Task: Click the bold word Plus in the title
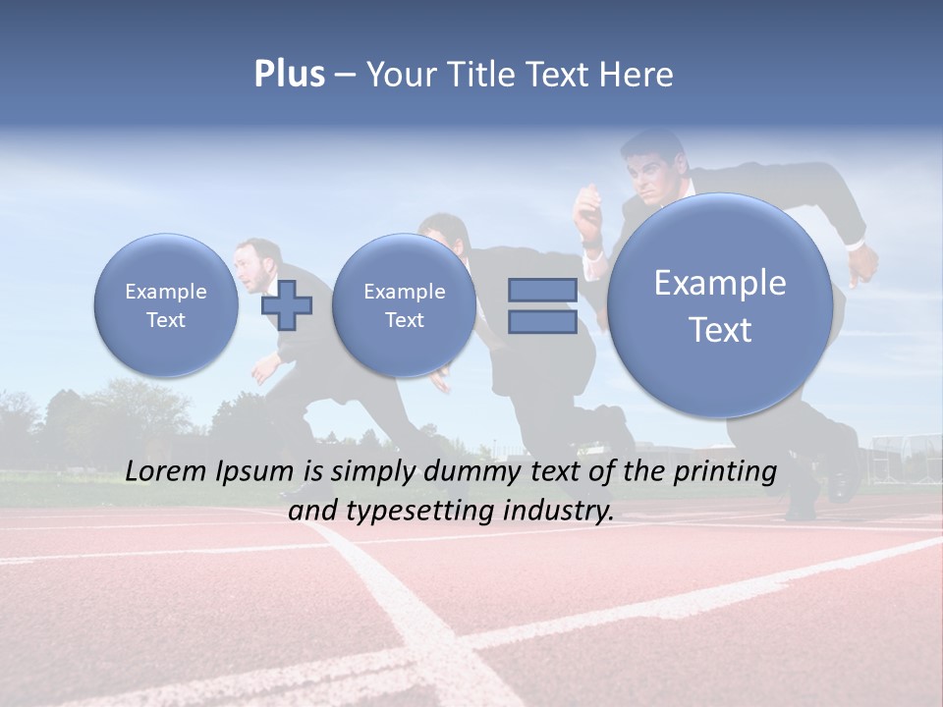tap(289, 75)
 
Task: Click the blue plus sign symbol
tap(287, 304)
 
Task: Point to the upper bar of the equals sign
tap(542, 290)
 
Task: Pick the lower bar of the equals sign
tap(542, 322)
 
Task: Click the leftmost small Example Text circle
tap(166, 305)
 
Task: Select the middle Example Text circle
tap(404, 305)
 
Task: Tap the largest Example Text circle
tap(720, 305)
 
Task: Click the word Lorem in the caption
tap(167, 471)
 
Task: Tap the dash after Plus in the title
tap(345, 76)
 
